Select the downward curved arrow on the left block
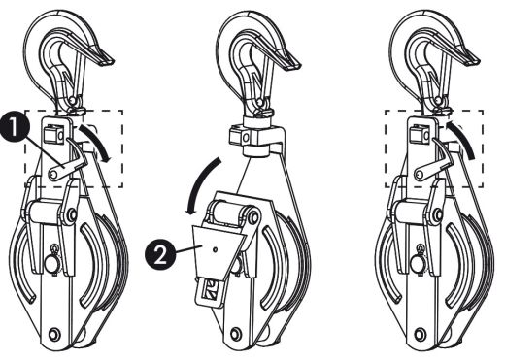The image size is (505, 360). pos(96,142)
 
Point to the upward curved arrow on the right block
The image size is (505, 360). pos(463,139)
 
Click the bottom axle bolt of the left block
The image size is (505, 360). pos(53,333)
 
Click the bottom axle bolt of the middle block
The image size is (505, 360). pos(235,333)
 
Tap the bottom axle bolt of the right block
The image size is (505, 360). pos(421,333)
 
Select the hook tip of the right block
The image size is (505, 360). pos(473,60)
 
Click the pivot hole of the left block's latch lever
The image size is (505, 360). pos(53,175)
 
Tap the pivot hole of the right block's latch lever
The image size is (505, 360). pos(421,175)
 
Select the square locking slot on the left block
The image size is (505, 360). pos(52,135)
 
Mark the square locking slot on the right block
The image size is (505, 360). pos(420,135)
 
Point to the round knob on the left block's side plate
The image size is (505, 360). pos(51,264)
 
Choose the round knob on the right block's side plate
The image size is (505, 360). pos(418,264)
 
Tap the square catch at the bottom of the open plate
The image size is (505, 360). pos(211,289)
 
